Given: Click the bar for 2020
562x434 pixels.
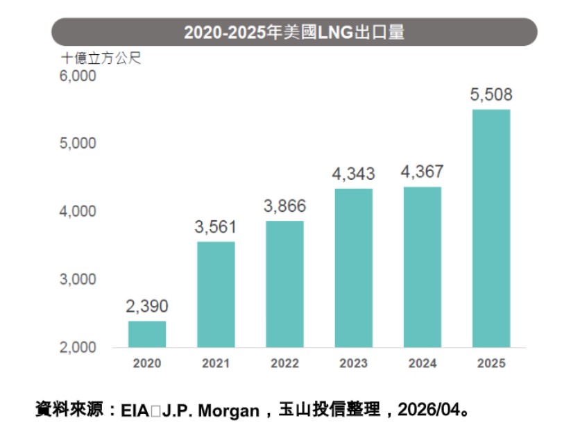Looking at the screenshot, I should tap(147, 334).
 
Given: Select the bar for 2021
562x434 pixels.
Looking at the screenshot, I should tap(216, 294).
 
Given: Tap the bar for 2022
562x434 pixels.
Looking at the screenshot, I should tap(284, 284).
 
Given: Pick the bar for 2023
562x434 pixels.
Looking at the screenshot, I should tap(353, 268).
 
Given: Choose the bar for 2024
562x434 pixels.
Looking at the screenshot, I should tap(422, 267).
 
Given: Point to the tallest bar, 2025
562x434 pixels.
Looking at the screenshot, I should tap(491, 228).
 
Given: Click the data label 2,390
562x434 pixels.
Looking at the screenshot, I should tap(147, 306).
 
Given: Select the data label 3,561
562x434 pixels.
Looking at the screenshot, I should tap(216, 227).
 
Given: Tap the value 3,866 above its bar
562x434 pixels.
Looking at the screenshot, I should tap(284, 206).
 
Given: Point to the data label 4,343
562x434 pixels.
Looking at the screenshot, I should tap(353, 174).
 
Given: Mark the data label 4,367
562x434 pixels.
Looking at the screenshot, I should tap(422, 172).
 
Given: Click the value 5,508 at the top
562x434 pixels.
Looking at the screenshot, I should tap(491, 95).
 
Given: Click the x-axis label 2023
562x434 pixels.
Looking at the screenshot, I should tap(353, 363).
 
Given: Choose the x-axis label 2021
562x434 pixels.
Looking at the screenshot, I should tap(216, 363).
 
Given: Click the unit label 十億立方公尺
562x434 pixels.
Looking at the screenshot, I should tap(101, 58).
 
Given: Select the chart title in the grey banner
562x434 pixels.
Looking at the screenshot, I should tap(294, 32).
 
